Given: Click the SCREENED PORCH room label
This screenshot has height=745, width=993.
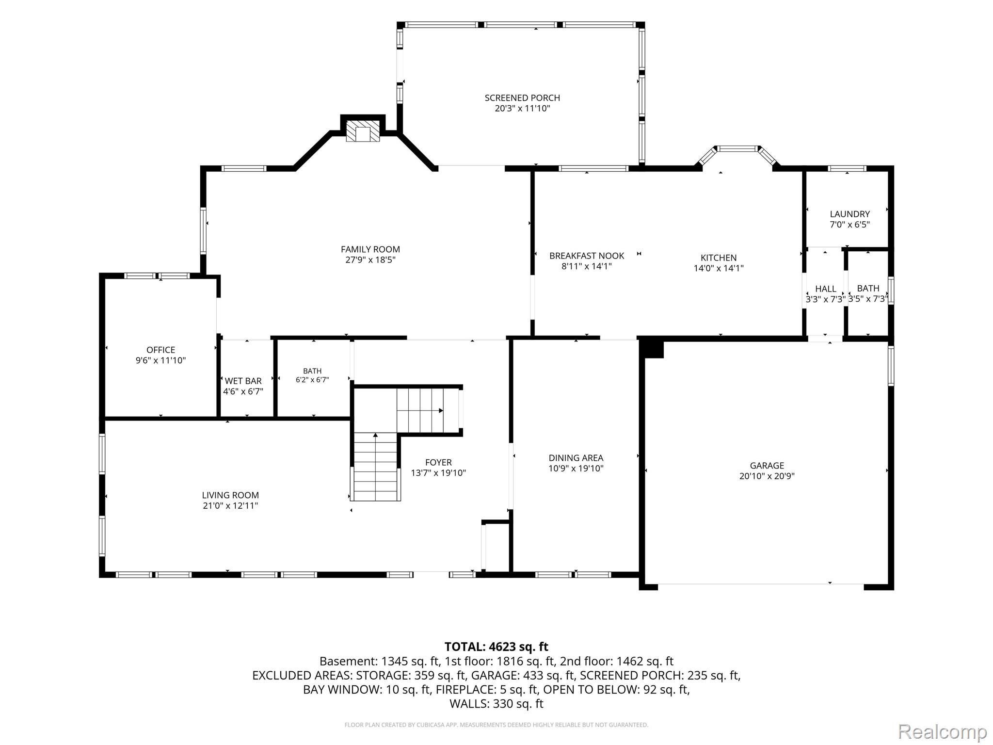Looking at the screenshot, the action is (522, 98).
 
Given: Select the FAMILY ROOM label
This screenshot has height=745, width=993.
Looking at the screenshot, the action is (370, 249).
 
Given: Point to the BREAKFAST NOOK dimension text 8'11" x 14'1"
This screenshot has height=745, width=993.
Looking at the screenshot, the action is (587, 266).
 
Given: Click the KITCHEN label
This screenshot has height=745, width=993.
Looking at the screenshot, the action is (719, 258).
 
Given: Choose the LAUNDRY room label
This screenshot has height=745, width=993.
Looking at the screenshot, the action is (850, 214).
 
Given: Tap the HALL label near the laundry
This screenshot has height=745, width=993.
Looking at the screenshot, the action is (826, 289).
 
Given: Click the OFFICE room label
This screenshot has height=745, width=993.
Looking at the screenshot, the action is (161, 350).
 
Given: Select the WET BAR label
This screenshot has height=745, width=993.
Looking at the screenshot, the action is (243, 381).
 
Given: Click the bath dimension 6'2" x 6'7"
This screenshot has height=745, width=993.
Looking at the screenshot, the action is (312, 380).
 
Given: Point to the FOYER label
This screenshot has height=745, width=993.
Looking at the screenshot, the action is (438, 462).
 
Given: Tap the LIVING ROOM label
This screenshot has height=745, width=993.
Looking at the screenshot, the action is (230, 495).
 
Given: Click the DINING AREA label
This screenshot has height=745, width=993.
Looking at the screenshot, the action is (576, 457).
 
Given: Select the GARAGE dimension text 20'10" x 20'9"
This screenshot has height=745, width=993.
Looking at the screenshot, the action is (767, 476).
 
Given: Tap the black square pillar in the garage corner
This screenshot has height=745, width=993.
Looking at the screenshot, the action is (653, 349).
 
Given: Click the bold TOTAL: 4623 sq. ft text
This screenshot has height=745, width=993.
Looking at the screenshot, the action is (496, 647).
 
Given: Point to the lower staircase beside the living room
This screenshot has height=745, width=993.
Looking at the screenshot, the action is (376, 467).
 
